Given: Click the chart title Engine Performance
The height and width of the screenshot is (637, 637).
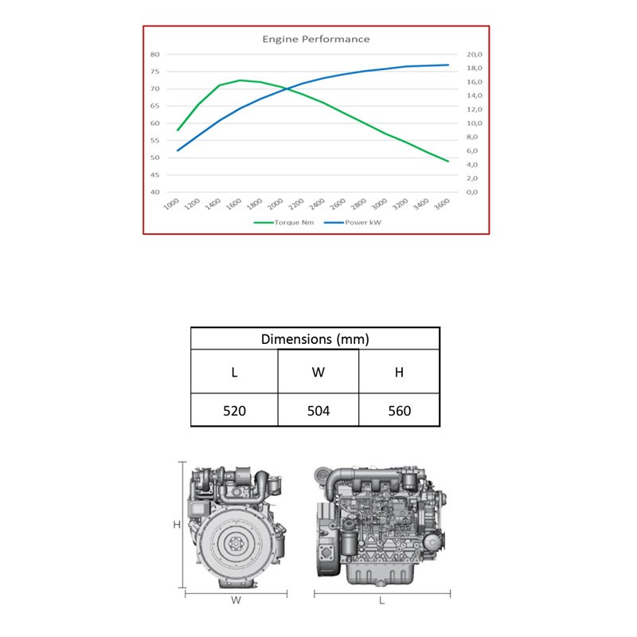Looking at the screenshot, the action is (x=316, y=39).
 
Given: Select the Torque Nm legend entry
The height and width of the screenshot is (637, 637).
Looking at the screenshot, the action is (x=284, y=222).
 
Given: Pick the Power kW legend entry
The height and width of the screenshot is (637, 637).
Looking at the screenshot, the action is (x=353, y=222).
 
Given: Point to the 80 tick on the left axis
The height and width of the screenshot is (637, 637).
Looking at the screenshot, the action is (x=154, y=54).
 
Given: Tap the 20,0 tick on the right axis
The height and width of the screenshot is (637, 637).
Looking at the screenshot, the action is (x=474, y=54).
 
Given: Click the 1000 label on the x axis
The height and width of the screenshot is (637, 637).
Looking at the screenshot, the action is (x=171, y=204).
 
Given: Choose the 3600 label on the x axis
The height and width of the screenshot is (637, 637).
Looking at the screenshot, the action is (x=442, y=204).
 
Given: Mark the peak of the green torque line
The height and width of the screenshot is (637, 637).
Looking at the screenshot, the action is (x=240, y=80).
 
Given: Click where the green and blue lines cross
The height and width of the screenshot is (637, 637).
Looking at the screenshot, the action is (x=287, y=88).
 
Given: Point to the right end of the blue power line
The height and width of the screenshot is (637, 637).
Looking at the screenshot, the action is (x=448, y=65).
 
